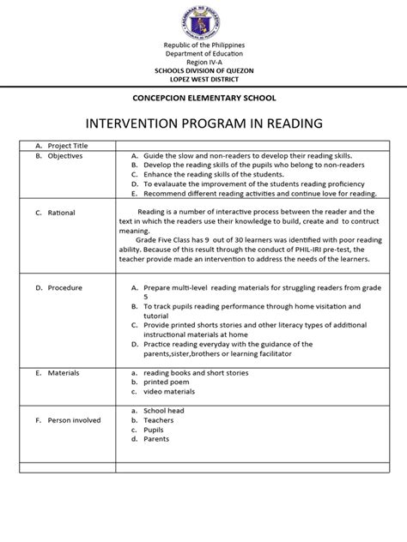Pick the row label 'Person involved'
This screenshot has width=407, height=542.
[x=75, y=420]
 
